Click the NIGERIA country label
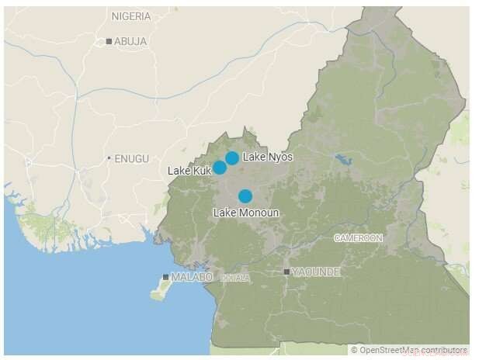click(x=131, y=16)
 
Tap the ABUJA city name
click(x=130, y=41)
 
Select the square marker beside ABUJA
click(x=109, y=41)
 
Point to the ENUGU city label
click(x=131, y=158)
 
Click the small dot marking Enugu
click(x=109, y=158)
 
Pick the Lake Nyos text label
click(x=268, y=157)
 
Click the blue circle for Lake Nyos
click(x=231, y=158)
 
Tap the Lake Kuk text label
click(x=189, y=170)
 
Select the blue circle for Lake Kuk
click(x=220, y=167)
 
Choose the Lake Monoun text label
click(x=245, y=213)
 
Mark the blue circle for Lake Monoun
click(x=245, y=196)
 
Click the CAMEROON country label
click(x=358, y=238)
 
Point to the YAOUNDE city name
click(x=316, y=272)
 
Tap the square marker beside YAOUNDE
click(x=287, y=272)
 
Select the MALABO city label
click(x=192, y=277)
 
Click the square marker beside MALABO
click(x=165, y=277)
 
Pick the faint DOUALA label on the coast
click(x=235, y=277)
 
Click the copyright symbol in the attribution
click(x=353, y=351)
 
